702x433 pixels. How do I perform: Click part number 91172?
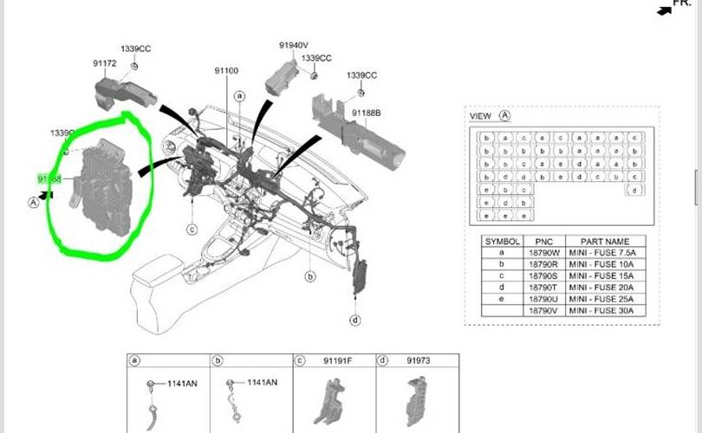click(x=105, y=63)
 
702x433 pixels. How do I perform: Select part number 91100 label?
click(x=226, y=70)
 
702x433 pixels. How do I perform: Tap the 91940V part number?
click(x=294, y=45)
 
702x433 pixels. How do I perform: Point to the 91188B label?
click(x=367, y=113)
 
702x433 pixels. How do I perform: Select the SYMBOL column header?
click(x=502, y=241)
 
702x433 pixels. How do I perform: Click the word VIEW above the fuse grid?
click(x=480, y=116)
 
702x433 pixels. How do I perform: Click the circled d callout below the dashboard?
click(x=355, y=320)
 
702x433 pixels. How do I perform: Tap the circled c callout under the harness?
click(x=192, y=229)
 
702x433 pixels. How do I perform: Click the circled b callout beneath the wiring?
click(x=310, y=276)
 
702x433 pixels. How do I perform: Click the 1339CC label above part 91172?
click(x=135, y=49)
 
